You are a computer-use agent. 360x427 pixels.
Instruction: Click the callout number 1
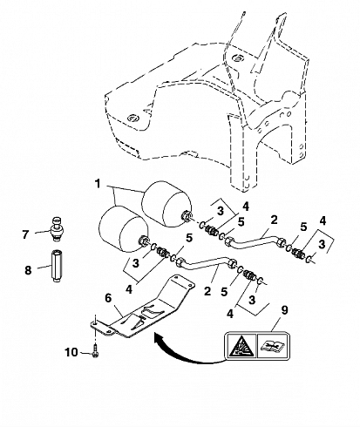pos(98,184)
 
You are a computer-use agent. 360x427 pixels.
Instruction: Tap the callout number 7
pos(26,234)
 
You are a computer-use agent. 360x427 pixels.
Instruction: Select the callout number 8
pos(28,270)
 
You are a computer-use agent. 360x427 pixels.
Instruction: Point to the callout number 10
pos(71,352)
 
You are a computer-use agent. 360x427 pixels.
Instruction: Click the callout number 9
pos(284,310)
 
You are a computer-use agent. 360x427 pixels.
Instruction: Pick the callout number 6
pos(108,298)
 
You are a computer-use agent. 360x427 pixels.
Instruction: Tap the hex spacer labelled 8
pos(56,266)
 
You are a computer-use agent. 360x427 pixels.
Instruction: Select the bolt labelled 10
pos(96,350)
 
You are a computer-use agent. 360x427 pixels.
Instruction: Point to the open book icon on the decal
pos(272,345)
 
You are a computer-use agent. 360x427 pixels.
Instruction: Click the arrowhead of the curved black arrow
pos(159,339)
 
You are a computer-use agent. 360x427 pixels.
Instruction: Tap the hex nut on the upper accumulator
pos(186,216)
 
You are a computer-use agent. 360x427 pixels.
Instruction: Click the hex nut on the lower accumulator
pos(143,241)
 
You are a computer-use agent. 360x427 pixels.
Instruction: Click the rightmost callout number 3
pos(322,244)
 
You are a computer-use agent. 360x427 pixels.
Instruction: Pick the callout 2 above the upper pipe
pos(274,220)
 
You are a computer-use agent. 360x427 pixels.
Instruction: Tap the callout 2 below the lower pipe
pos(207,291)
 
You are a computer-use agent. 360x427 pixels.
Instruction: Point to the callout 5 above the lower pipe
pos(189,238)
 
